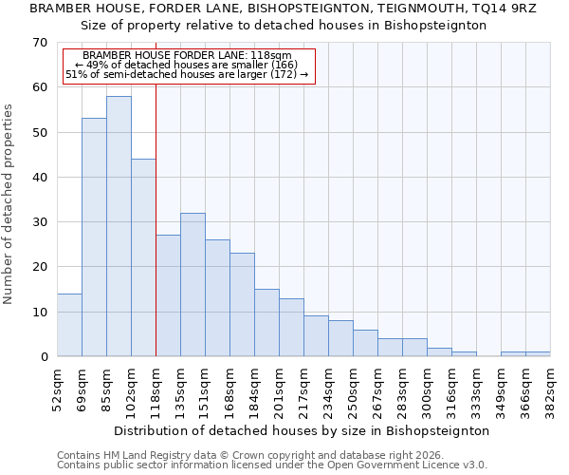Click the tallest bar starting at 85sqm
(119, 226)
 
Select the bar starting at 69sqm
(94, 237)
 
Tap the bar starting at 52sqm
(69, 325)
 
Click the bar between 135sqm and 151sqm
(193, 284)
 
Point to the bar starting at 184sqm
(266, 322)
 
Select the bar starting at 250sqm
(365, 343)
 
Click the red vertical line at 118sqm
(156, 218)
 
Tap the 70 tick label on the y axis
(39, 43)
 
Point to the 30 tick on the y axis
(39, 222)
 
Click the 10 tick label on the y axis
(39, 312)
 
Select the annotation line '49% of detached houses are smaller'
(187, 65)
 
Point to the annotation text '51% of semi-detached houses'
(187, 74)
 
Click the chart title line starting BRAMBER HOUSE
(284, 9)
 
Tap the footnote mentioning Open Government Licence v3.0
(272, 465)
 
